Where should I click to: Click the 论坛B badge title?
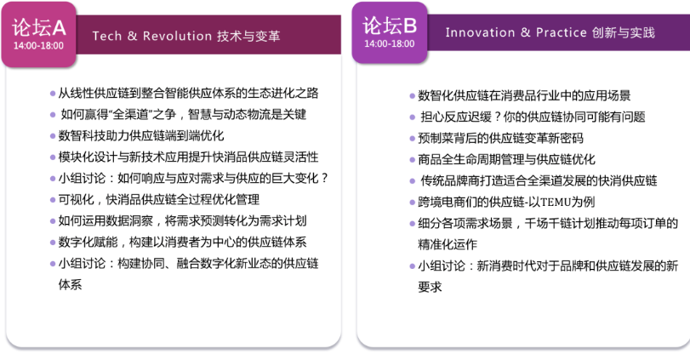(x=391, y=26)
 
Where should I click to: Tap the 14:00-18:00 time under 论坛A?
(x=38, y=45)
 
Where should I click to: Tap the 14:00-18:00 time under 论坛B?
(x=390, y=43)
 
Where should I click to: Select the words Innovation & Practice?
(x=516, y=32)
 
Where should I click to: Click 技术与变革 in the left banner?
(x=248, y=36)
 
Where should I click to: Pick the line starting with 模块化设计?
(x=187, y=157)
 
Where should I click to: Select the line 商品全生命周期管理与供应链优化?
(x=506, y=159)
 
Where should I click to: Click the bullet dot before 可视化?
(x=53, y=200)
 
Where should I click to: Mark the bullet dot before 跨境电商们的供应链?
(x=413, y=203)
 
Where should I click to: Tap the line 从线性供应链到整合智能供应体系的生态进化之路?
(x=188, y=93)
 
